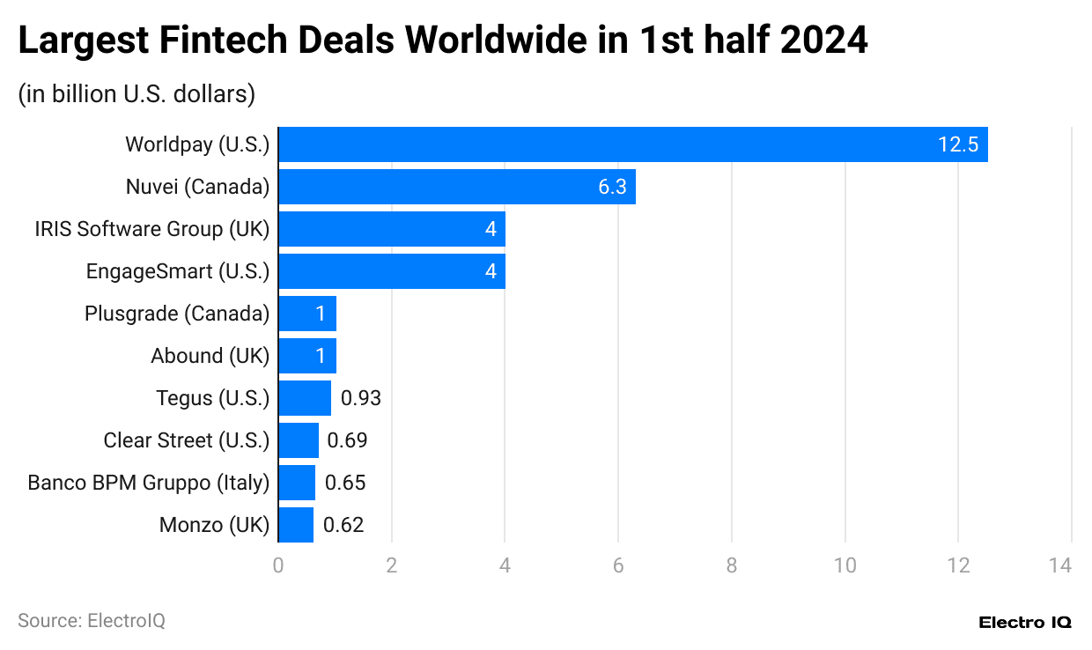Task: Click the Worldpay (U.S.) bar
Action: tap(632, 144)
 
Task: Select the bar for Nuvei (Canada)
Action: tap(456, 187)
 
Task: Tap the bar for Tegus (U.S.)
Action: tap(305, 398)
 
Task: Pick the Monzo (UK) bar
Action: tap(296, 525)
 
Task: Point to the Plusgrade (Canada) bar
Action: tap(306, 314)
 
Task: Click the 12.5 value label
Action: tap(957, 144)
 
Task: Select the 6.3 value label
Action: tap(611, 187)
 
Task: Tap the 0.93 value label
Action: tap(361, 398)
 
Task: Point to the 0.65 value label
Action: tap(345, 483)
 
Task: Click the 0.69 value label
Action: tap(347, 440)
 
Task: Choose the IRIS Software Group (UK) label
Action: tap(151, 229)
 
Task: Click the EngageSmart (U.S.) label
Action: tap(177, 271)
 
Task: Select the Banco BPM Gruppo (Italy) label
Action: tap(148, 483)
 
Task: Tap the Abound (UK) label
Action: tap(210, 356)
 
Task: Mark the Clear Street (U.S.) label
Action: tap(186, 440)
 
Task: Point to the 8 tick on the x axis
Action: tap(732, 565)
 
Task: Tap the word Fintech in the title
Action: tap(247, 41)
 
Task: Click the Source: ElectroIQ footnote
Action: tap(92, 621)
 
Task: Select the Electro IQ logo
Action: tap(1025, 622)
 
